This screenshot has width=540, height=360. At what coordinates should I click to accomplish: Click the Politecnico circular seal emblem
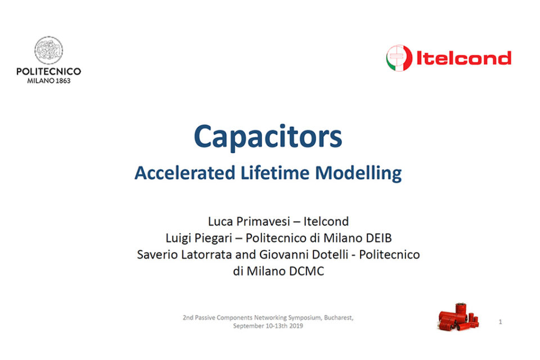pos(48,50)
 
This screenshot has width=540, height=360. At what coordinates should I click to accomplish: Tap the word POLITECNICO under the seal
pos(48,71)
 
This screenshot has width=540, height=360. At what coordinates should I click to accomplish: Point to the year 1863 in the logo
pos(63,80)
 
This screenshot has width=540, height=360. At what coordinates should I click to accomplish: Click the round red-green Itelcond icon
pos(399,58)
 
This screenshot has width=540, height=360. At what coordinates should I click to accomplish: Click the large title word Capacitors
pos(268,137)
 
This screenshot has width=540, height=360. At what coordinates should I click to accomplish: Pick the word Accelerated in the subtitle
pos(185,173)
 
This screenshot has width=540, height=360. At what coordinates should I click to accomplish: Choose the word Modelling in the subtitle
pos(358,173)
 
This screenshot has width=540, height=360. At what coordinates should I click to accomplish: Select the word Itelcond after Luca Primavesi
pos(326,221)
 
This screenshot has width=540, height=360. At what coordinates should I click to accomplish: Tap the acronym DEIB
pos(379,238)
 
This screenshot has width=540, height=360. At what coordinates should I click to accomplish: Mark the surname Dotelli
pos(330,255)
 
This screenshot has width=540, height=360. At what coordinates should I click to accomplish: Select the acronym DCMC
pos(307,271)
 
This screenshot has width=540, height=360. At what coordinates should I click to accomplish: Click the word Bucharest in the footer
pos(339,318)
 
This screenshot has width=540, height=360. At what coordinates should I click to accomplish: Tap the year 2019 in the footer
pos(296,326)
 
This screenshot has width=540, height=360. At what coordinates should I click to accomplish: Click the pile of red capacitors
pos(458,317)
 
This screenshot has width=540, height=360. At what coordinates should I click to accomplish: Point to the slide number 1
pos(501,322)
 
